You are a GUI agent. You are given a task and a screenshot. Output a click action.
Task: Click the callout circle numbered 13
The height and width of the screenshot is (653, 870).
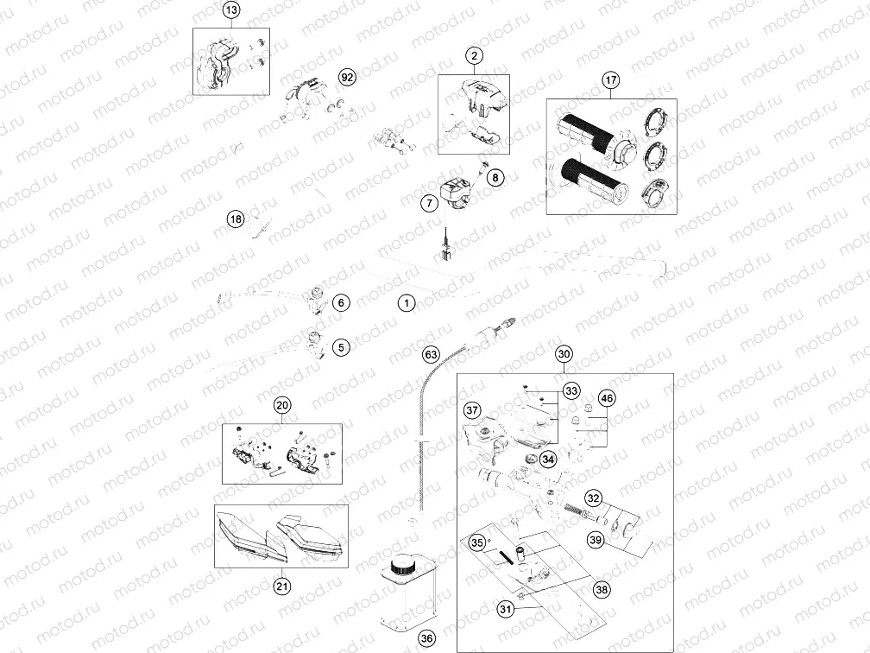click(231, 10)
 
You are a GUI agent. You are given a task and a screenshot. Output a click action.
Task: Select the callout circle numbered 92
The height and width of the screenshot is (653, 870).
click(347, 77)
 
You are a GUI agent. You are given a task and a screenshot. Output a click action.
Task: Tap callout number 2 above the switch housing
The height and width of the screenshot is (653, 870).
click(474, 55)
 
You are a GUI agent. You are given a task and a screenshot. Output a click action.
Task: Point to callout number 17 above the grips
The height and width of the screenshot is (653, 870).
click(611, 80)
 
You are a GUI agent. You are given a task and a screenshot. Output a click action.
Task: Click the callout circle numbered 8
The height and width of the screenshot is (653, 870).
click(495, 178)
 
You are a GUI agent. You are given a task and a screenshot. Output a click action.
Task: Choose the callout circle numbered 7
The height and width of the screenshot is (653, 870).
click(429, 203)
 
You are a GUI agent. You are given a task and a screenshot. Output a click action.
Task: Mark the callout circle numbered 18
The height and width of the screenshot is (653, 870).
click(236, 219)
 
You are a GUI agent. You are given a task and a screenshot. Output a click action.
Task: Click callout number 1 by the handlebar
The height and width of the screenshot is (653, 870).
click(407, 303)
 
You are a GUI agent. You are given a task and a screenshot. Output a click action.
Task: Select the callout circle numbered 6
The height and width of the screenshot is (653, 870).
click(341, 302)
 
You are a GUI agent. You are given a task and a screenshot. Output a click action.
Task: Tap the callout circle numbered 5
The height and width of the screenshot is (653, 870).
click(341, 347)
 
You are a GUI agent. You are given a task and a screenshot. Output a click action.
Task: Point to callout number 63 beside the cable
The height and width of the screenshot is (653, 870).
click(432, 354)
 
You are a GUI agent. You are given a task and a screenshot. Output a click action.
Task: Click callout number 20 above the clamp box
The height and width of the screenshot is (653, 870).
click(282, 405)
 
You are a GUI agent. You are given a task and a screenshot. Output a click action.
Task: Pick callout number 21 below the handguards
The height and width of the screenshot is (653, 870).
click(282, 586)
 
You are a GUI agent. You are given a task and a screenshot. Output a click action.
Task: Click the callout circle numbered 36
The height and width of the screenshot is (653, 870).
click(426, 638)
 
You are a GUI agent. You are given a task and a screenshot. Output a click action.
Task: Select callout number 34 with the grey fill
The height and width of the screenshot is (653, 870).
click(548, 460)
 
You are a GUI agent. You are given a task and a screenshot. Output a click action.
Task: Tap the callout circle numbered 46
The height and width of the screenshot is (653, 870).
click(608, 398)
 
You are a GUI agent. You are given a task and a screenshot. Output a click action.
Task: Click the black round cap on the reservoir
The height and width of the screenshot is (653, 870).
click(400, 567)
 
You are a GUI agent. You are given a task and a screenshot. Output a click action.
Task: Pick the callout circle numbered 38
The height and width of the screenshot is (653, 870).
click(602, 590)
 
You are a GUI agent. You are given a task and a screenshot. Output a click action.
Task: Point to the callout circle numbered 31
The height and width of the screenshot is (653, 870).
click(506, 609)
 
